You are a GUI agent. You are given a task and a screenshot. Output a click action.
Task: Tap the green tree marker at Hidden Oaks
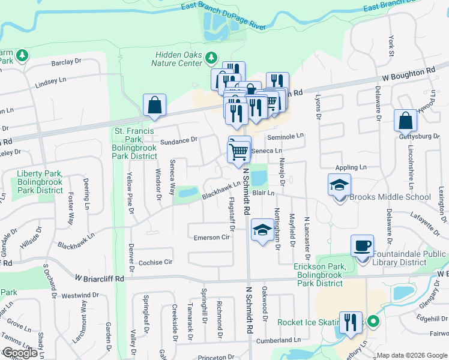[x=211, y=58]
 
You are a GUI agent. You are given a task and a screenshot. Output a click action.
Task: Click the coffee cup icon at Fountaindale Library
[x=363, y=246]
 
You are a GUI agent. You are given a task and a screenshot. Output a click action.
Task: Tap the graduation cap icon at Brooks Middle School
[x=340, y=184]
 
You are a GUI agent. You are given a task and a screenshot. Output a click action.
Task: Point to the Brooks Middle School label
[x=390, y=197]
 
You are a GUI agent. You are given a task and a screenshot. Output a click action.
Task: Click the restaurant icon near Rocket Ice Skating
[x=351, y=322]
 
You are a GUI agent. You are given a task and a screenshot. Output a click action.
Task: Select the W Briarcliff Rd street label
[x=100, y=278]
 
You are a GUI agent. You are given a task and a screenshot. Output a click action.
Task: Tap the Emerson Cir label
[x=212, y=238]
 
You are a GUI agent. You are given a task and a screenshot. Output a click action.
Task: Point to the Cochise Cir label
[x=155, y=262]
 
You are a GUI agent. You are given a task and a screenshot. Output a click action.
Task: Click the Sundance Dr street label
[x=179, y=140]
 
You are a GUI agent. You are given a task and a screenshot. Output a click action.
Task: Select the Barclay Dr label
[x=66, y=62]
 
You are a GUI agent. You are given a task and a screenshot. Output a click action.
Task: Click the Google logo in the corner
[x=20, y=353]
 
